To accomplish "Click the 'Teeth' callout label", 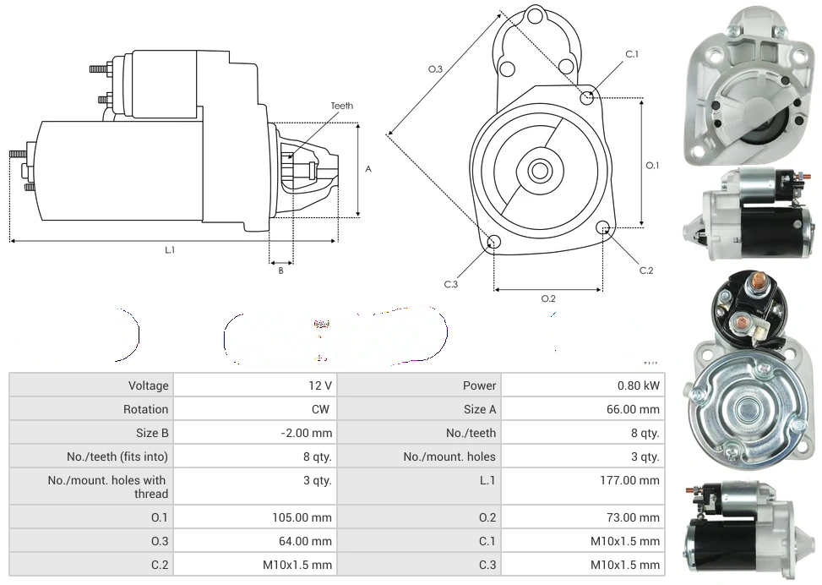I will pos(341,106).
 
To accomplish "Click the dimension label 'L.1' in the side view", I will pos(170,250).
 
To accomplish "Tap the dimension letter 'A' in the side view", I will pos(368,169).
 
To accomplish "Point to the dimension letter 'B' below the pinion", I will pos(280,271).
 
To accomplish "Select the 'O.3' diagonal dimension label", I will pos(435,69).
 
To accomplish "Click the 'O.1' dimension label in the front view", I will pos(652,166).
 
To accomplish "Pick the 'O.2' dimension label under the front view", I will pos(547,298).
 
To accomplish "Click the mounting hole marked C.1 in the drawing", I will pos(587,97).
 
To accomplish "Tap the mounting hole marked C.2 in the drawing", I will pos(603,227).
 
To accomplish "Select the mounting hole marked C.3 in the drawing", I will pos(494,243).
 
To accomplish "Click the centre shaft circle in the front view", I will pos(539,171).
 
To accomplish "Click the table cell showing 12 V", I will pos(319,385).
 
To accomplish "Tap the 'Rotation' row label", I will pos(145,409).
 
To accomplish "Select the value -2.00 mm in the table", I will pos(307,433).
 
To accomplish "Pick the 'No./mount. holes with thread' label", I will pos(107,487).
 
